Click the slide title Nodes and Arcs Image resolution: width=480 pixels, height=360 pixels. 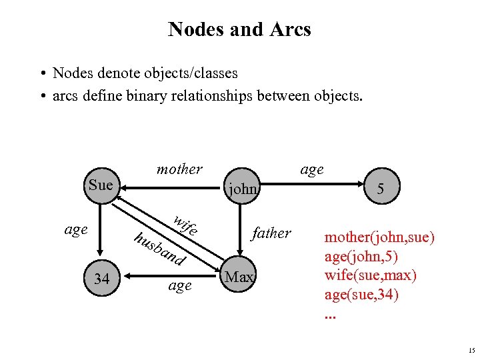239,29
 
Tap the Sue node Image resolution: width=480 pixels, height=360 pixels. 101,185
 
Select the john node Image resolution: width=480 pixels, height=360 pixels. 242,189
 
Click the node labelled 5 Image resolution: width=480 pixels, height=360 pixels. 380,189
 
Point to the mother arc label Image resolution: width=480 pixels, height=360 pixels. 179,169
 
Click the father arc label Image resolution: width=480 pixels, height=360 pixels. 271,233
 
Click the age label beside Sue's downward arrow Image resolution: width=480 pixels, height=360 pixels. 76,229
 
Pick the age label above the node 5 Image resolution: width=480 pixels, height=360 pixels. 311,169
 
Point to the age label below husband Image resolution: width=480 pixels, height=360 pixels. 180,285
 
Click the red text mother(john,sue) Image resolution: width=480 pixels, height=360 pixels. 379,237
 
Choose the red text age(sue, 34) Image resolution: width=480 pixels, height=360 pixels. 361,294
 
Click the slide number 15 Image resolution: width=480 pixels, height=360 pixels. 471,351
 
